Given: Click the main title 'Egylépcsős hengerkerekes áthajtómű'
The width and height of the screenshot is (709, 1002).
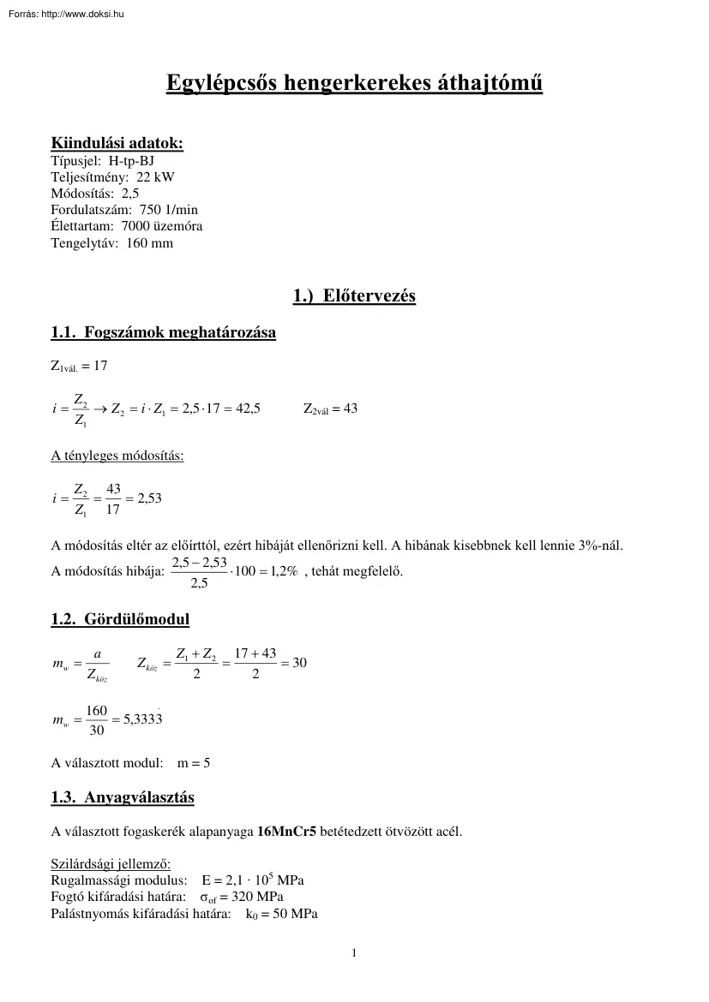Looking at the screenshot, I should pyautogui.click(x=353, y=85).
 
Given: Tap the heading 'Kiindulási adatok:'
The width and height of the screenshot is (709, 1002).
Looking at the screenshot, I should pyautogui.click(x=117, y=143).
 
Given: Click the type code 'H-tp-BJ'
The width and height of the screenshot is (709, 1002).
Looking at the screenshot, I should pyautogui.click(x=132, y=160).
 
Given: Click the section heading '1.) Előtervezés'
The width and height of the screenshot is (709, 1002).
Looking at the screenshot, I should pyautogui.click(x=354, y=296).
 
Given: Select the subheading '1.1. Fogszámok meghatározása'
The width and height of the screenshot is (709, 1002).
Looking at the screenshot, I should pyautogui.click(x=164, y=332).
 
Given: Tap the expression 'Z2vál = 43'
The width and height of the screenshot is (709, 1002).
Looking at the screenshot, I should pyautogui.click(x=330, y=409).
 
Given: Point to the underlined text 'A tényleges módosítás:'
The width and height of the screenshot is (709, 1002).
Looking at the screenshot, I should pyautogui.click(x=117, y=455).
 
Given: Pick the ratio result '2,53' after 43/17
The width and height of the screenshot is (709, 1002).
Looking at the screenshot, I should pyautogui.click(x=149, y=498).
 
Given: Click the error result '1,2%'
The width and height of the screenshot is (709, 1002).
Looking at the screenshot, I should pyautogui.click(x=283, y=571).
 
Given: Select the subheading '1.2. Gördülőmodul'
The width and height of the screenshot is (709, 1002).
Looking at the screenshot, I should pyautogui.click(x=120, y=619).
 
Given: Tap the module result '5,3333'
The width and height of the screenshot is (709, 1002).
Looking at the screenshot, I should pyautogui.click(x=142, y=720).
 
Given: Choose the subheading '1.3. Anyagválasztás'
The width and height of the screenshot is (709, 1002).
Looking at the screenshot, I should pyautogui.click(x=123, y=797).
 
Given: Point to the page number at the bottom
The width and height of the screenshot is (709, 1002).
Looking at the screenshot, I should pyautogui.click(x=354, y=952).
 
